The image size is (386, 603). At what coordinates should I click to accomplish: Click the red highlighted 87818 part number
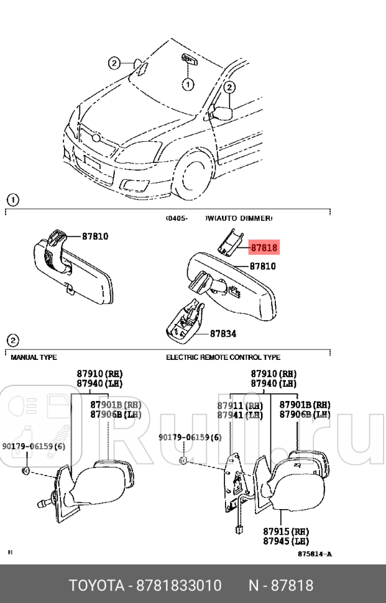tap(264, 247)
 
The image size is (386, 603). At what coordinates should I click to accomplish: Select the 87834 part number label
tap(223, 333)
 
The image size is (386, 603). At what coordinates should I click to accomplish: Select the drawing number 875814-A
tap(314, 554)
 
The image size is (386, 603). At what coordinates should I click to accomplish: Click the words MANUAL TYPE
tap(34, 357)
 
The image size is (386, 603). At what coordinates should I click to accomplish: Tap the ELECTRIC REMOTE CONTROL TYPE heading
tap(223, 357)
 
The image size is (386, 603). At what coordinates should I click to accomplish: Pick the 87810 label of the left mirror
tap(95, 236)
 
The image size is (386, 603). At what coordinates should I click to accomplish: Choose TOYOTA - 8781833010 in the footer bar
tap(144, 586)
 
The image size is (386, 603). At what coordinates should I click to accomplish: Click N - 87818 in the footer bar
tap(281, 586)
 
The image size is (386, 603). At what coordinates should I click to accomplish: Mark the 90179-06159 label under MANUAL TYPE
tap(33, 446)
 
